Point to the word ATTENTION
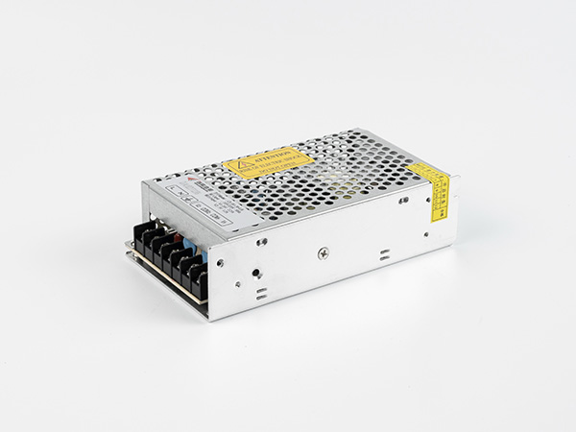pos(275,157)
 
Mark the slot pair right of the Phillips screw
pos(384,256)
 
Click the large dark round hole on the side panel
pos(255,272)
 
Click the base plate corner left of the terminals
pos(128,248)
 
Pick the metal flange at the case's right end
pos(454,210)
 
